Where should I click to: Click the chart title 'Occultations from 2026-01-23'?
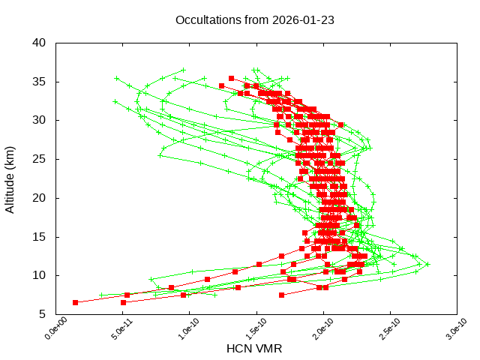(x=255, y=19)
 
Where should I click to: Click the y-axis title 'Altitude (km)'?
(x=10, y=178)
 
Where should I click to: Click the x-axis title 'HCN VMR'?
(x=254, y=349)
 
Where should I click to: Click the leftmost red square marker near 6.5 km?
(x=75, y=302)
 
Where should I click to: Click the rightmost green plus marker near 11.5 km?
(x=427, y=264)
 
